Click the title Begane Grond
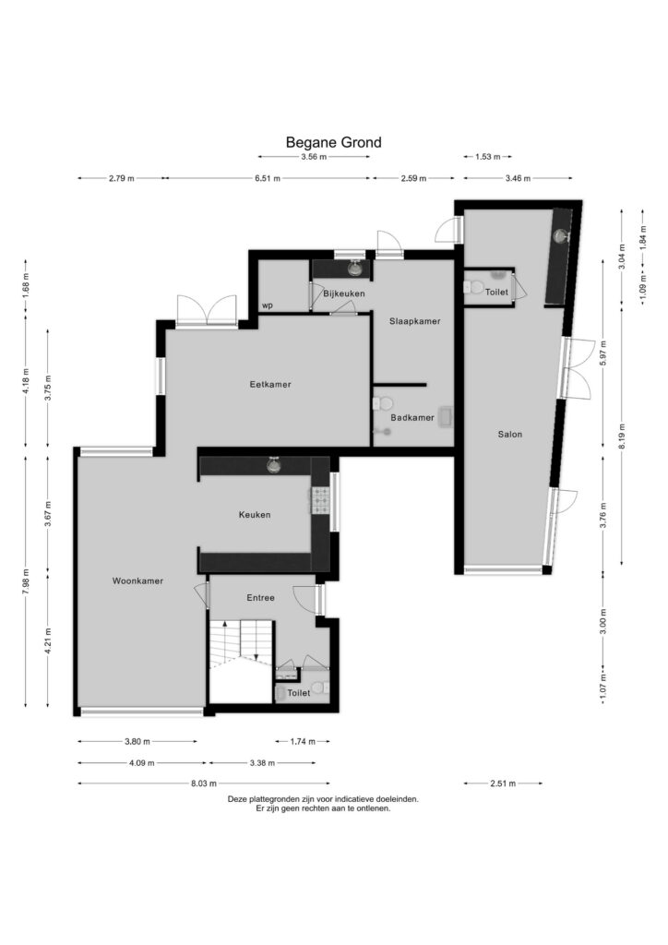coord(333,143)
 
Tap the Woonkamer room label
coord(137,581)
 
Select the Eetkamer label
coord(270,385)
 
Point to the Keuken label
coord(254,515)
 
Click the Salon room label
coord(509,434)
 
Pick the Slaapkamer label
coord(414,321)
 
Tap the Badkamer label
coord(412,418)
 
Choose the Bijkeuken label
coord(344,293)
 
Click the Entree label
coord(260,598)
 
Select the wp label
coord(267,305)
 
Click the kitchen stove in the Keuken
coord(319,500)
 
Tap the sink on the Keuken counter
coord(275,465)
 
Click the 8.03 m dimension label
coord(204,784)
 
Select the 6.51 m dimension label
coord(267,178)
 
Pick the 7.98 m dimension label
coord(25,582)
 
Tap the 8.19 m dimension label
coord(622,437)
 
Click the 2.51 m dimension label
coord(503,784)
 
